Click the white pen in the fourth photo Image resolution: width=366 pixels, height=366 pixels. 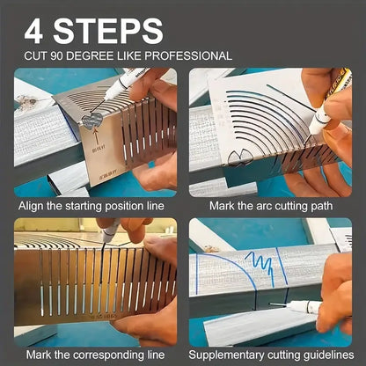pos(304,307)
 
